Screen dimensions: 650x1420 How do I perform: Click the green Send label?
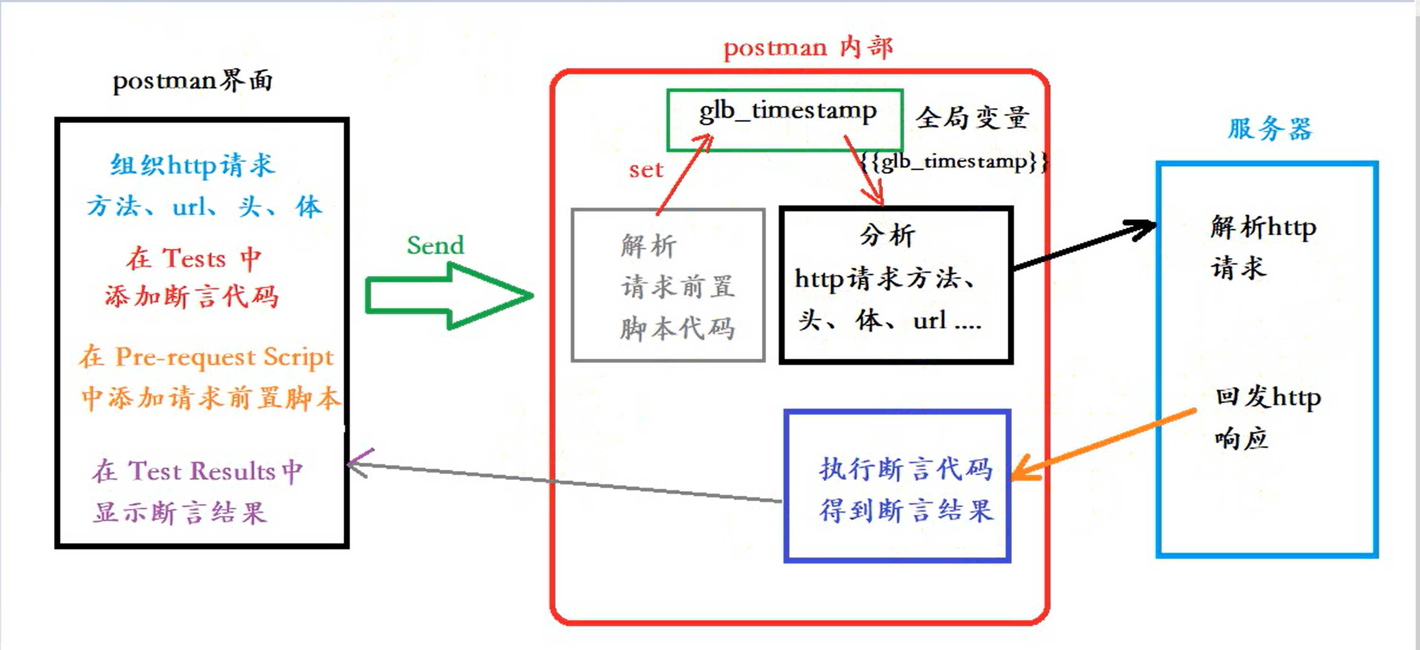coord(435,245)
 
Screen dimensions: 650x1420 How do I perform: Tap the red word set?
coord(646,170)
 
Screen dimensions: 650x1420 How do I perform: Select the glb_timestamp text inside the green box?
coord(788,112)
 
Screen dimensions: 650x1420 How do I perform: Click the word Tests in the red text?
coord(193,259)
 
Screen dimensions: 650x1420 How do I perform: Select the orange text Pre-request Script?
coord(224,357)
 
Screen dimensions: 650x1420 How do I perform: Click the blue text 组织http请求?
coord(192,165)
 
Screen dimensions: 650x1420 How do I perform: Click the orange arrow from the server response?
coord(1102,444)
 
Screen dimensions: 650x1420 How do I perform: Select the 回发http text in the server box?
coord(1268,397)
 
